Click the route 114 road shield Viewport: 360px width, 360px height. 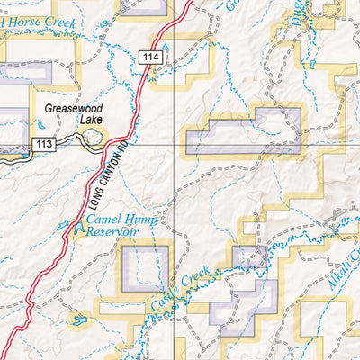click(149, 58)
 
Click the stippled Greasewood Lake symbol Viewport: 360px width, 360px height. click(92, 138)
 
